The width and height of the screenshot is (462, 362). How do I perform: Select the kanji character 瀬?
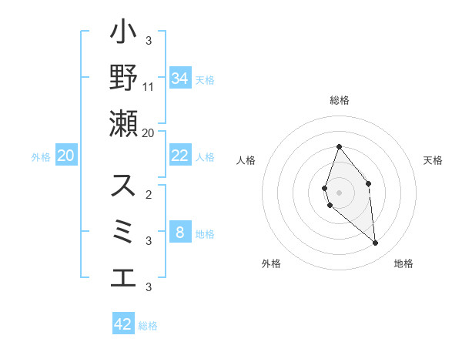(x=123, y=123)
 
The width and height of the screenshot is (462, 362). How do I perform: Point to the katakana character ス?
(x=123, y=186)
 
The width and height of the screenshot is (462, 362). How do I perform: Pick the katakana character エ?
(x=123, y=277)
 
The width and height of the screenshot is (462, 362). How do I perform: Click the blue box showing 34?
(x=179, y=79)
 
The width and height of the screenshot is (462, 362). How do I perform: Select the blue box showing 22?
(x=179, y=156)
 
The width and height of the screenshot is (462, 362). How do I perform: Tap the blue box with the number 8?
(x=179, y=233)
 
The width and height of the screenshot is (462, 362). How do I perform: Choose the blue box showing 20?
(x=66, y=156)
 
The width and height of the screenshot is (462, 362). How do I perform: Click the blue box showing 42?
(x=123, y=324)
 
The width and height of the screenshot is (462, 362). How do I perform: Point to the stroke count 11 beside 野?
(x=149, y=86)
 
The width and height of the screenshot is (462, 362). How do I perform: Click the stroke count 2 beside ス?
(x=149, y=194)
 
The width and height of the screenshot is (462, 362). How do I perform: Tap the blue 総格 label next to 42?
(x=148, y=326)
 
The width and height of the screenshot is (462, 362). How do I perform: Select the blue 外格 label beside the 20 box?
(x=41, y=157)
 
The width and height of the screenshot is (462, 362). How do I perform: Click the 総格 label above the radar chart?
(x=339, y=100)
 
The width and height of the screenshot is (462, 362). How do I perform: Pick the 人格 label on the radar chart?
(x=246, y=160)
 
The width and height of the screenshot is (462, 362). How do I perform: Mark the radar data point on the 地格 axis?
(x=376, y=243)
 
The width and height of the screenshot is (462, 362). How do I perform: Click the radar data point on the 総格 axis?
(x=339, y=146)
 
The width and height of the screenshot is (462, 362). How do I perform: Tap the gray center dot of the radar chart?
(x=339, y=193)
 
